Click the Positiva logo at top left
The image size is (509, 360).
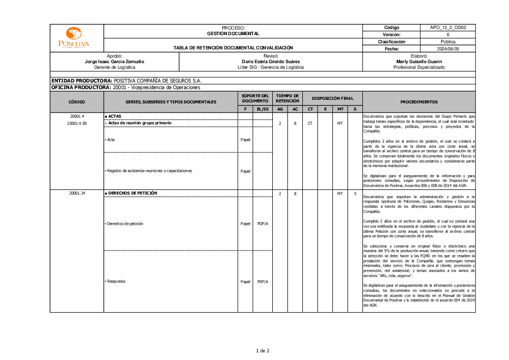tap(73, 38)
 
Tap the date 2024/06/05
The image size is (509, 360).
tap(448, 49)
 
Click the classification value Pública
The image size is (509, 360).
tap(448, 42)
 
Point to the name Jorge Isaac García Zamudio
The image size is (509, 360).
tap(115, 62)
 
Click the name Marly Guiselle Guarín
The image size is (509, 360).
tap(419, 62)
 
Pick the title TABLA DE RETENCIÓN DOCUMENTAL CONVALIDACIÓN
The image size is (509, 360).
tap(233, 48)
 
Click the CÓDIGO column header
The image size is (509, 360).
tap(77, 102)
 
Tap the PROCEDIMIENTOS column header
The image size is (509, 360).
tap(418, 102)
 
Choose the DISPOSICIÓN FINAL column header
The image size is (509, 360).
tap(332, 98)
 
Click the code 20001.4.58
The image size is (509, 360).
tap(77, 123)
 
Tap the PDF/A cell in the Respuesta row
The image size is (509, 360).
tap(263, 282)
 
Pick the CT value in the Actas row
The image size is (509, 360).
tap(310, 123)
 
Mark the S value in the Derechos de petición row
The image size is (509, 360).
tap(355, 193)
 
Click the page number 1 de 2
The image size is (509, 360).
tap(262, 350)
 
